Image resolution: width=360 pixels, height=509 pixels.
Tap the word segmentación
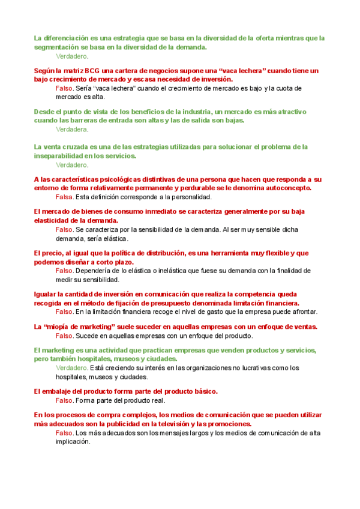point(58,47)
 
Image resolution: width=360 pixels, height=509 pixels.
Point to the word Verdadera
point(71,129)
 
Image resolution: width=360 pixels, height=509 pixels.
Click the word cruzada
point(82,147)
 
